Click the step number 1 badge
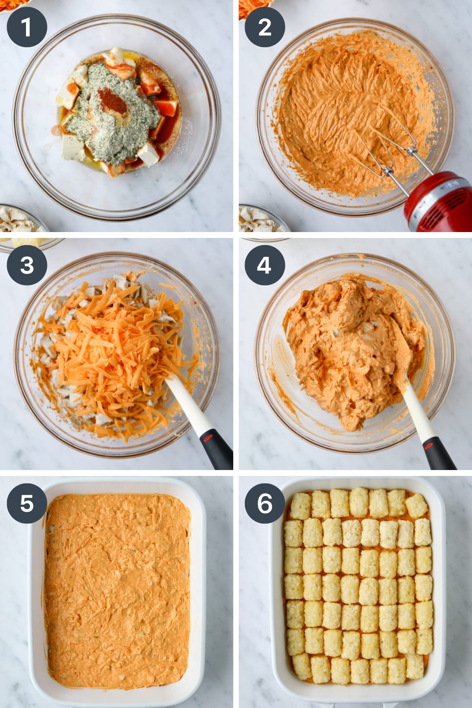pyautogui.click(x=26, y=27)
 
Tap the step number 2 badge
pyautogui.click(x=265, y=27)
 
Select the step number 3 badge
pyautogui.click(x=26, y=265)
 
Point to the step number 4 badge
pyautogui.click(x=265, y=265)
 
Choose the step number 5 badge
pyautogui.click(x=26, y=503)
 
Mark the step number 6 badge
pyautogui.click(x=265, y=503)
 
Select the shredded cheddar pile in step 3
pyautogui.click(x=118, y=346)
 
